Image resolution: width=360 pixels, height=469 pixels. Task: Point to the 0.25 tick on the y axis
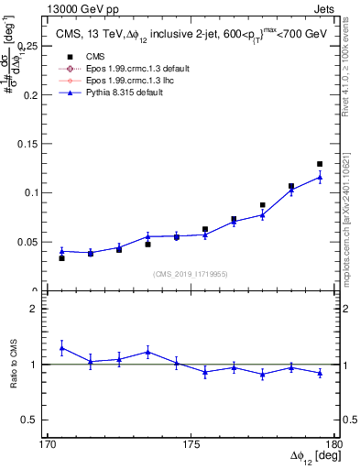[x=33, y=44]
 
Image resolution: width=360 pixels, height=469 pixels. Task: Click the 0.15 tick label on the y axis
[x=33, y=143]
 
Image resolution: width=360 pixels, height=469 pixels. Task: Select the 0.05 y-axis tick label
[x=33, y=242]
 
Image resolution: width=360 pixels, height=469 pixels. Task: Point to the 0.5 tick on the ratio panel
[x=33, y=420]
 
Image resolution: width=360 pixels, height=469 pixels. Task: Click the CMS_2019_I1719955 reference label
[x=191, y=272]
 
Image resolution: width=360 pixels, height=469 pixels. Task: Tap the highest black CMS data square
[x=320, y=164]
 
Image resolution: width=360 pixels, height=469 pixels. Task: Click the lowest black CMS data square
[x=61, y=258]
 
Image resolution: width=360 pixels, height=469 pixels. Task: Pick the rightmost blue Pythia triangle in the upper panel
[x=320, y=177]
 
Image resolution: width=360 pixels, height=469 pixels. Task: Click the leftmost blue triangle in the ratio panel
[x=61, y=348]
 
